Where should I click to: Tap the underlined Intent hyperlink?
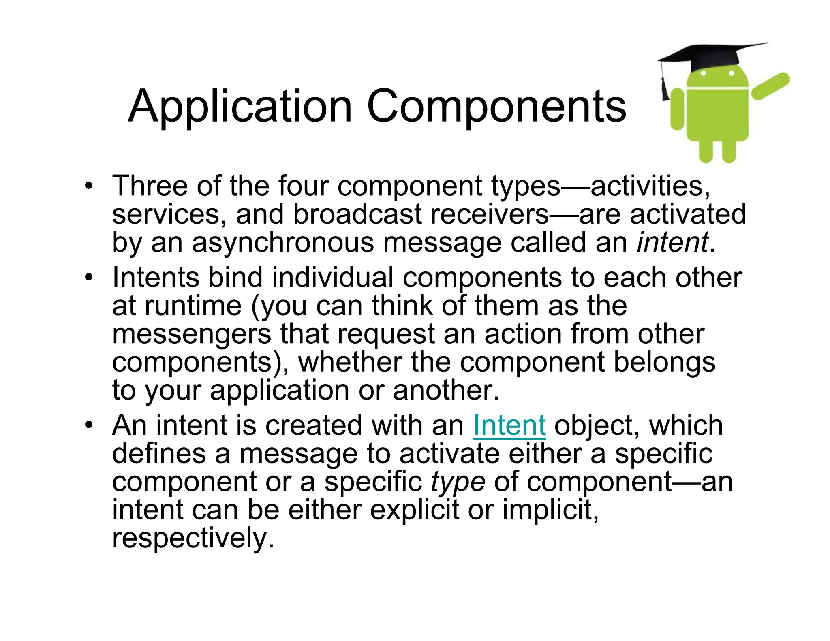pos(509,425)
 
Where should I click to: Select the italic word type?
pos(458,482)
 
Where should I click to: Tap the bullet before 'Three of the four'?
pos(88,187)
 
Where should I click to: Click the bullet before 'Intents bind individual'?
pos(88,278)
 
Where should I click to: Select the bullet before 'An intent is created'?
pos(88,426)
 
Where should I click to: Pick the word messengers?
pos(191,335)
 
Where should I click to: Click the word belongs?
pos(664,363)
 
